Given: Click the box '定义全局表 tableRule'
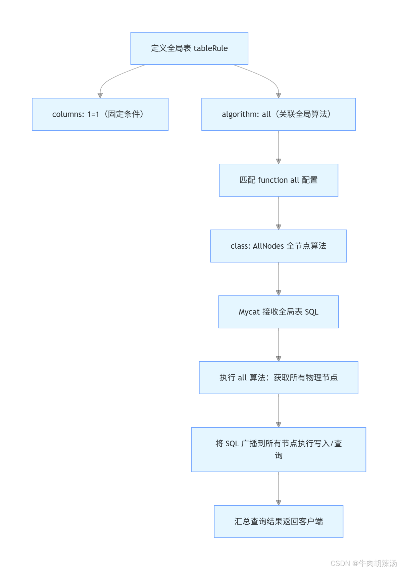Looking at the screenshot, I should (x=189, y=48).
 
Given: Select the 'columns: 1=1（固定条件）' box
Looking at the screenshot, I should (x=100, y=114).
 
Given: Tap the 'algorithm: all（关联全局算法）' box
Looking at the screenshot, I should (x=278, y=114).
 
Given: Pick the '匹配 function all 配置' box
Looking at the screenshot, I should (x=278, y=180).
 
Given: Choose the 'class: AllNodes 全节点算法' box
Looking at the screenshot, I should (x=278, y=246).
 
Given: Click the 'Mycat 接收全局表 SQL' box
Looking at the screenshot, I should (x=278, y=312).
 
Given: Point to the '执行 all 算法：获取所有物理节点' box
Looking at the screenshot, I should (x=278, y=378).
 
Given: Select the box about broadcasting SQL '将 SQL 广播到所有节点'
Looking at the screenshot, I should (x=278, y=449).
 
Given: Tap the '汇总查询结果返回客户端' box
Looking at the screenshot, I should (x=278, y=522).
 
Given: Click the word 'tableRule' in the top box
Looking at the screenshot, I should (x=211, y=48).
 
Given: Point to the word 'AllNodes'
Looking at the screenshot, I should (x=268, y=246).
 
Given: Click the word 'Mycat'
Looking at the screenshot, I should (x=249, y=312).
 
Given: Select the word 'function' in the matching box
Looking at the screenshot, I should (x=273, y=180).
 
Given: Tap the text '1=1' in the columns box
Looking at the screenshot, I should (x=93, y=114).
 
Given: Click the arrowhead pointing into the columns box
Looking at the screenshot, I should (x=100, y=95).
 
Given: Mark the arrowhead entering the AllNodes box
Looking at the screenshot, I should (x=278, y=227).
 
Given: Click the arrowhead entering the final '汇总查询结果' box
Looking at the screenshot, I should (x=278, y=502).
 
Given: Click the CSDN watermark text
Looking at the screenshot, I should (x=363, y=563).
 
